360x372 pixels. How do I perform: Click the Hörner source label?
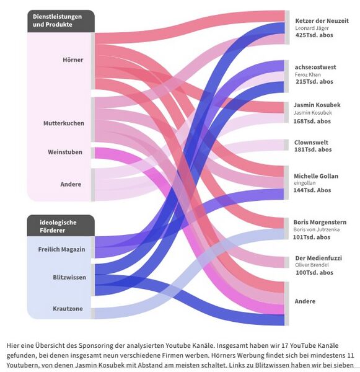point(73,60)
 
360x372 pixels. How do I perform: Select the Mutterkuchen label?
point(64,123)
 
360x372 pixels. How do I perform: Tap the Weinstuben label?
point(65,152)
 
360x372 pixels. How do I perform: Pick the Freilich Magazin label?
point(61,249)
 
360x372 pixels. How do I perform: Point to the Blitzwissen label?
point(69,277)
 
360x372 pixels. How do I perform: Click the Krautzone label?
point(68,309)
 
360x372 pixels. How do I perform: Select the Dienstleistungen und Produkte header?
point(57,20)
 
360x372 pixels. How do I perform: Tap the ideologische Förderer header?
point(58,226)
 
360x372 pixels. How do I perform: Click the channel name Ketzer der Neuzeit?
point(322,21)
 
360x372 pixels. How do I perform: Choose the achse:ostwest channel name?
point(315,67)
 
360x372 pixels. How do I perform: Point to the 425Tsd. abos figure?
point(314,35)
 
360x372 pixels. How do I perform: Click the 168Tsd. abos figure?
point(312,122)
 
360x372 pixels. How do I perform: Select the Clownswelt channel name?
point(311,143)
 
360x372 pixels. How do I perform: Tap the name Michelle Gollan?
point(316,176)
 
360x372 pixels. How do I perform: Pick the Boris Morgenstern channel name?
point(320,223)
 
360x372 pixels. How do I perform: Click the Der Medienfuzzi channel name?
point(318,258)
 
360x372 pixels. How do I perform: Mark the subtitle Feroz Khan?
point(308,75)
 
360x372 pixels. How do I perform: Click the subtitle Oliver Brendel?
point(312,265)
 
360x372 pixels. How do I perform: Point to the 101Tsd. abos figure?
point(312,237)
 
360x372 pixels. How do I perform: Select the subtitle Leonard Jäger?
point(312,28)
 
